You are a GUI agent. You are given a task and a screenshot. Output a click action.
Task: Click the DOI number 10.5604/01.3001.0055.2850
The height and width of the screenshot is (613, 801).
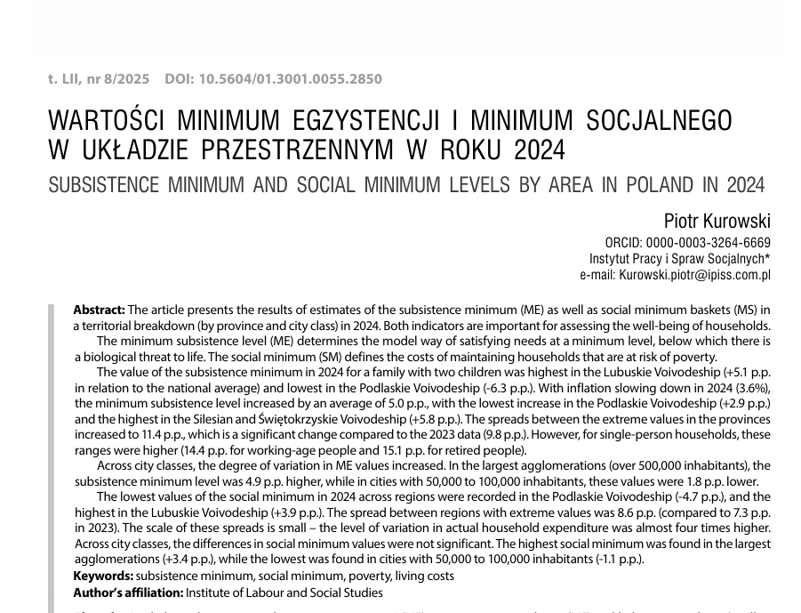(x=290, y=78)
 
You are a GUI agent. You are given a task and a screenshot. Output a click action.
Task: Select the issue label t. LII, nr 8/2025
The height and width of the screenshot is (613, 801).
(x=99, y=78)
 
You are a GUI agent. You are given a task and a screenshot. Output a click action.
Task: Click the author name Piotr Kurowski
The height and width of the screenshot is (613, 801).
(x=717, y=221)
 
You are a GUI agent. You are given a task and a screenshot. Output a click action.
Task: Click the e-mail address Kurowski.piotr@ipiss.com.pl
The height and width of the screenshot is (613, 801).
(x=694, y=275)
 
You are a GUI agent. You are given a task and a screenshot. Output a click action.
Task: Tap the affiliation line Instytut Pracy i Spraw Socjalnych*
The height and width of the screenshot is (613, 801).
(x=680, y=259)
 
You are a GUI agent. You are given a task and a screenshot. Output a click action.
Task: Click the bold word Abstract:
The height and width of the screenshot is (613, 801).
(x=99, y=310)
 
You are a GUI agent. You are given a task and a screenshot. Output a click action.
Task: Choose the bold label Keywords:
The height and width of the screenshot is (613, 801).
(x=103, y=576)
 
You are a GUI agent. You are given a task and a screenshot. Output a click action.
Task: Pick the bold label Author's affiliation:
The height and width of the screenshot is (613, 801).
(x=128, y=592)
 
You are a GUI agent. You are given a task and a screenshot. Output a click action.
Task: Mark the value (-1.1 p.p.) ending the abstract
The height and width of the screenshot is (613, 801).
(x=617, y=559)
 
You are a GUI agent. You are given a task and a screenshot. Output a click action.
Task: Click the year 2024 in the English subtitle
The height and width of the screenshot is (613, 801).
(x=745, y=186)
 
